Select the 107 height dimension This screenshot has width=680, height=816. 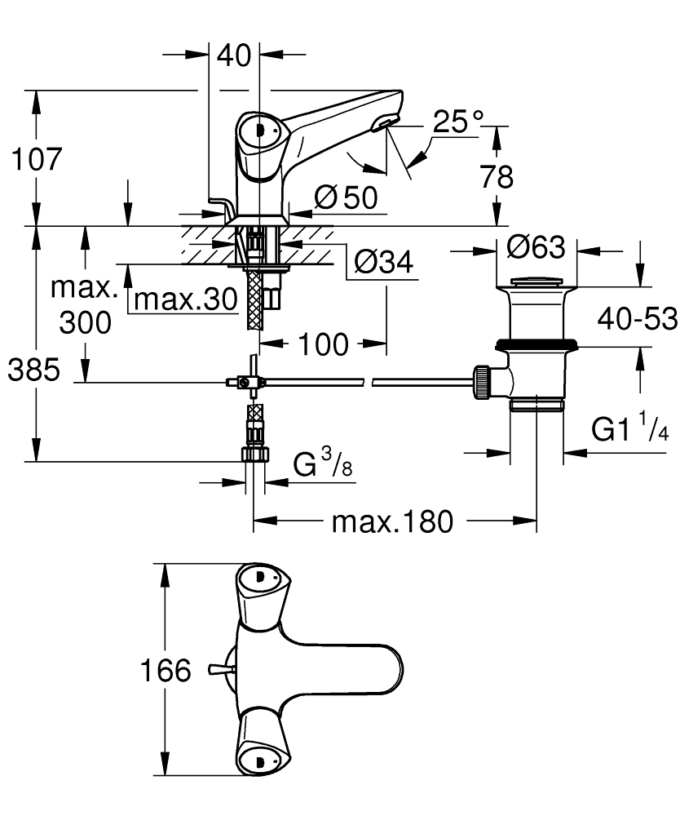35,159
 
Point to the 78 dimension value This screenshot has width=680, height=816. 496,177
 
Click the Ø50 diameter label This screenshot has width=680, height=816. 347,197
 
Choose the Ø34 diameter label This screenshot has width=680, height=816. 384,263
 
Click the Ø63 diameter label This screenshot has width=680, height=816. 536,246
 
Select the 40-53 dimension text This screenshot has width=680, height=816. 637,318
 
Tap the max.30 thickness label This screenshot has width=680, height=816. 185,300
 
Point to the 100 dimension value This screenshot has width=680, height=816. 322,344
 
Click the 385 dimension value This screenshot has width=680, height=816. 34,370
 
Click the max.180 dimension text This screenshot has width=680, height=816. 391,521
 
